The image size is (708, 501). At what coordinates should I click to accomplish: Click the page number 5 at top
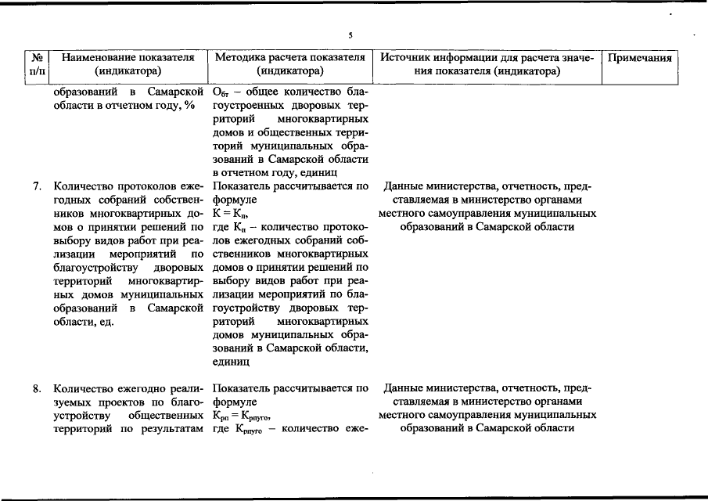[x=350, y=35]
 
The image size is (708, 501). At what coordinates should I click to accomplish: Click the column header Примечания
[x=639, y=58]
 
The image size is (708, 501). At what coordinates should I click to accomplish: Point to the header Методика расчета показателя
[x=289, y=58]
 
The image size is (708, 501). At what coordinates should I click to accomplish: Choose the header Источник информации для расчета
[x=486, y=58]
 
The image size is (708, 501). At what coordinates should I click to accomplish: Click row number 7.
[x=38, y=187]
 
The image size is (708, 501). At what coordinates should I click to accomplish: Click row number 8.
[x=38, y=388]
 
